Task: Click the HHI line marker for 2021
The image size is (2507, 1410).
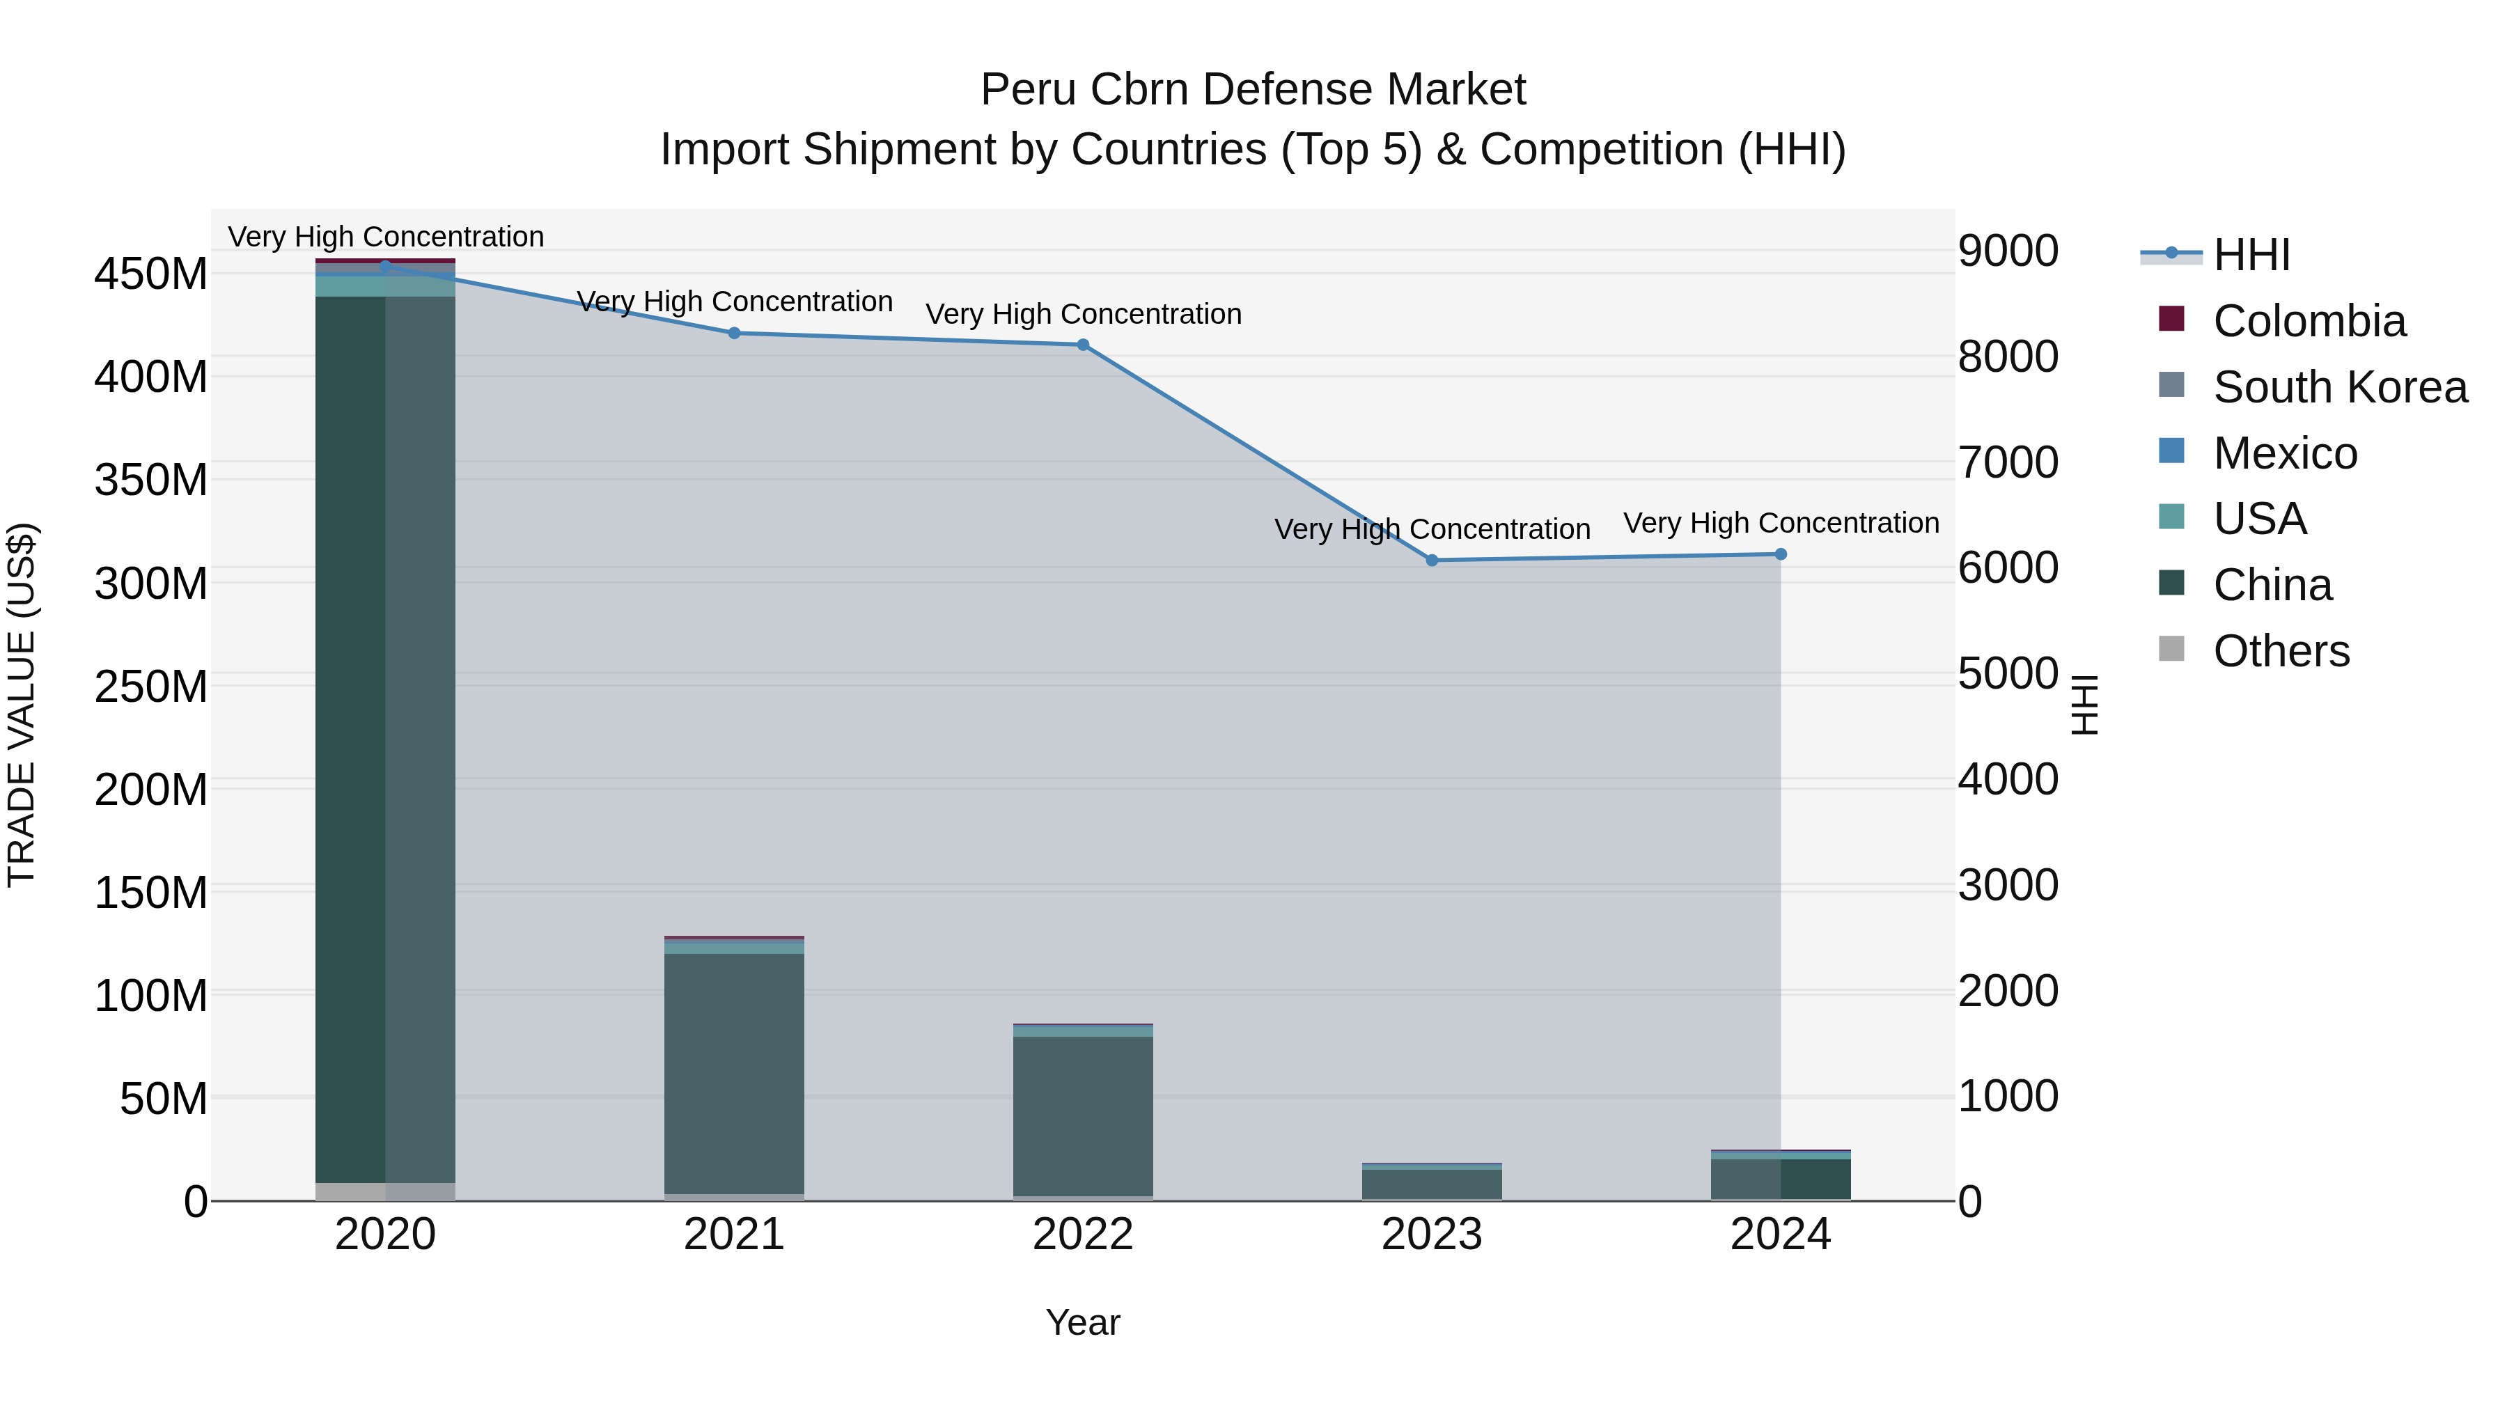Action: pyautogui.click(x=734, y=333)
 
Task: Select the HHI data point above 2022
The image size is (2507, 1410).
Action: pyautogui.click(x=1082, y=345)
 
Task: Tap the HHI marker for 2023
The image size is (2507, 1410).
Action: pyautogui.click(x=1432, y=561)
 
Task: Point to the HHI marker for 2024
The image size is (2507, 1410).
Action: pyautogui.click(x=1780, y=555)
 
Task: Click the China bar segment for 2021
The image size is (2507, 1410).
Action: pyautogui.click(x=734, y=1070)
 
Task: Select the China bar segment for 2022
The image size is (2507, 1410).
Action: pyautogui.click(x=1082, y=1114)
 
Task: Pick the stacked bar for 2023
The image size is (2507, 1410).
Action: pyautogui.click(x=1432, y=1182)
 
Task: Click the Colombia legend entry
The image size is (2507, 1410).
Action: pyautogui.click(x=2309, y=321)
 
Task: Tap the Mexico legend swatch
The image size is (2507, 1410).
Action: pyautogui.click(x=2171, y=451)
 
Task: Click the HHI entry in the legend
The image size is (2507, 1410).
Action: pyautogui.click(x=2251, y=255)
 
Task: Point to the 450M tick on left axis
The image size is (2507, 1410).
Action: pyautogui.click(x=151, y=274)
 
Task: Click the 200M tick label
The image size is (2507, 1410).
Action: pyautogui.click(x=151, y=789)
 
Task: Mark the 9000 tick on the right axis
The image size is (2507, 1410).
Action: pyautogui.click(x=2008, y=251)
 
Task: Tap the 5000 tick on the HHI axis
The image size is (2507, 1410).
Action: pyautogui.click(x=2008, y=673)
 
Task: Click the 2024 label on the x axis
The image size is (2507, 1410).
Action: pyautogui.click(x=1780, y=1235)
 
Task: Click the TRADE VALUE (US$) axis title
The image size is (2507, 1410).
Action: pyautogui.click(x=22, y=705)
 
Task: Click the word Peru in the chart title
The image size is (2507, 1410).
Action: pyautogui.click(x=1026, y=90)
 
